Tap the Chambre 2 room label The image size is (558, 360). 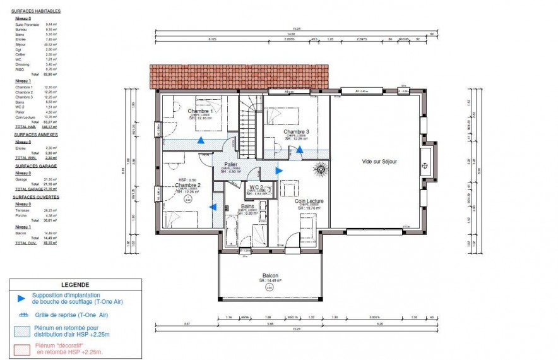point(187,186)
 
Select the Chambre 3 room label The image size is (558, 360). point(295,131)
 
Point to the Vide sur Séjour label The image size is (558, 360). point(379,162)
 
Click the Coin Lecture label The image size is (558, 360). point(309,201)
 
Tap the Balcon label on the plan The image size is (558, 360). point(271,276)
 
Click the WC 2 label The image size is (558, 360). point(256,188)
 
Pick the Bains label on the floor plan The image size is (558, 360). point(247,207)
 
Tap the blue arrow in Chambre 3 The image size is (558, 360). point(300,150)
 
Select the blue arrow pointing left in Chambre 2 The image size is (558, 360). point(214,207)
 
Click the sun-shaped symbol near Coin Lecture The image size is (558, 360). point(319,169)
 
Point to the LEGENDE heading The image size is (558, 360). point(75,284)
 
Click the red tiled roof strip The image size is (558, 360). point(239,77)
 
